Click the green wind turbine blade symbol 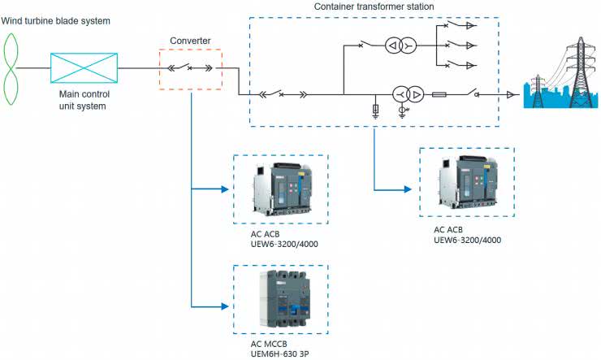(x=11, y=68)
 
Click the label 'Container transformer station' (x=373, y=7)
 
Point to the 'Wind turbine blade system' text (x=54, y=20)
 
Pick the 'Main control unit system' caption (x=84, y=100)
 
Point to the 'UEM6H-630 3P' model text (x=269, y=353)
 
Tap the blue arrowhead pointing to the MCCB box (x=227, y=306)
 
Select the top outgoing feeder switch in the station (x=466, y=26)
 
